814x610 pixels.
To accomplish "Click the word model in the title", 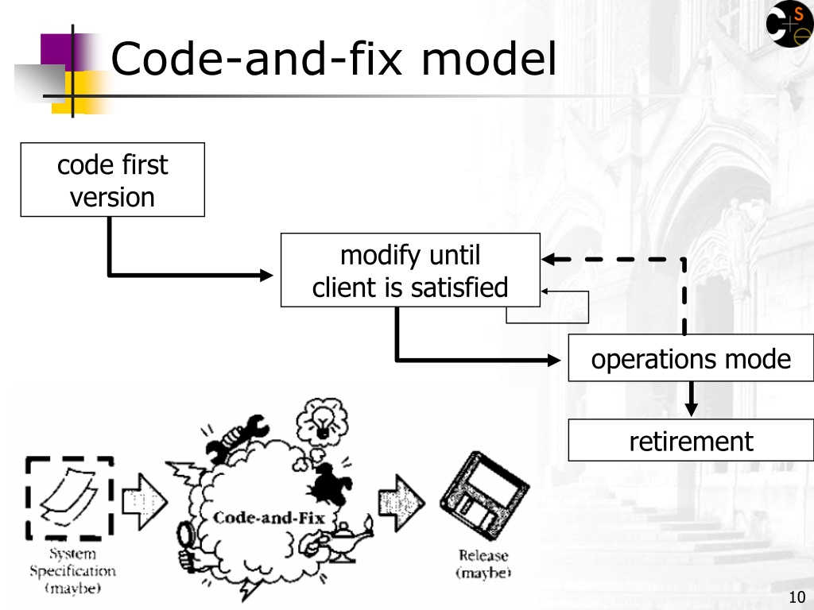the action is [x=489, y=59].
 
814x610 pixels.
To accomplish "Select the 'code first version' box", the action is [x=113, y=180].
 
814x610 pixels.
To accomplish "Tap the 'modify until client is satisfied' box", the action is [x=410, y=270].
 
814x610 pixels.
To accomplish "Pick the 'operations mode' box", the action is [x=691, y=358].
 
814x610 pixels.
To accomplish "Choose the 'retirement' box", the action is [x=691, y=440].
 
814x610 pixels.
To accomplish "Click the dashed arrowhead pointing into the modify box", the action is [x=548, y=259].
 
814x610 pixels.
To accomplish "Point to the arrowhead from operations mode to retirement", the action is [x=691, y=409].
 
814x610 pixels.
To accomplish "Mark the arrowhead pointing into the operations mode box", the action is [x=554, y=360].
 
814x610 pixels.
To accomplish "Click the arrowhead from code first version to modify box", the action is [x=266, y=275].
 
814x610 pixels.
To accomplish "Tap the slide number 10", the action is [x=797, y=597].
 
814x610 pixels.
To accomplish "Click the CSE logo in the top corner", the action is [x=789, y=24].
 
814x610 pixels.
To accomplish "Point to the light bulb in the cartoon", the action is [x=323, y=421].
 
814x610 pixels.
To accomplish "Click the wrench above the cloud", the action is [x=237, y=438].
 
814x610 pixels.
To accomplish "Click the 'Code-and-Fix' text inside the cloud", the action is [x=269, y=518].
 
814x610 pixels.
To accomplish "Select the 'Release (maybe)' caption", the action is [x=483, y=564].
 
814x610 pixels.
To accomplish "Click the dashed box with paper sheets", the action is [x=70, y=498].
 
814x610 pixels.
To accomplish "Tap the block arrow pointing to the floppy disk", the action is [x=401, y=503].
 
